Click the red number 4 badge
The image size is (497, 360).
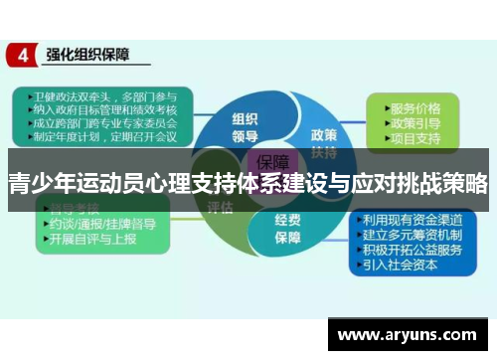[x=20, y=56]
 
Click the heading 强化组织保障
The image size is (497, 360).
[x=89, y=56]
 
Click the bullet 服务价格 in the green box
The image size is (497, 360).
[x=414, y=105]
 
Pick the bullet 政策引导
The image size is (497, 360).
[x=414, y=120]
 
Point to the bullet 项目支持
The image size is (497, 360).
[x=414, y=135]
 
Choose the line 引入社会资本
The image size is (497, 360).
[x=407, y=266]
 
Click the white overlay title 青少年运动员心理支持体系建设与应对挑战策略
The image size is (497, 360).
[x=248, y=183]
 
